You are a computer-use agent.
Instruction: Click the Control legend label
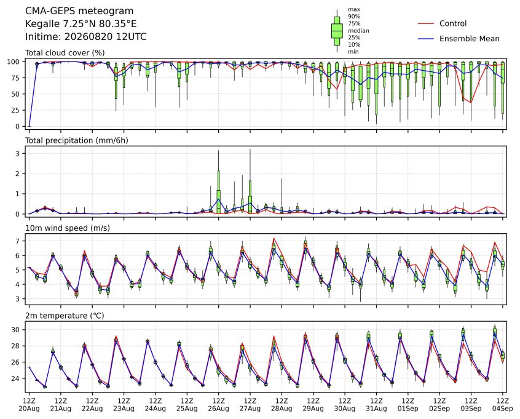click(452, 23)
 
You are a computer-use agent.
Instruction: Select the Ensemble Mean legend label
click(469, 39)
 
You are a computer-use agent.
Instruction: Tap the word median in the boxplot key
click(358, 31)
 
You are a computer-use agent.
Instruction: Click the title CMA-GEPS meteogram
click(79, 11)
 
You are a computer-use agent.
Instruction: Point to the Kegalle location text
click(81, 24)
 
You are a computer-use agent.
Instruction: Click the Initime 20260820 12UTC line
click(86, 36)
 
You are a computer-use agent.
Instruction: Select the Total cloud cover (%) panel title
click(65, 53)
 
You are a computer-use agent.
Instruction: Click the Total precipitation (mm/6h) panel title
click(77, 140)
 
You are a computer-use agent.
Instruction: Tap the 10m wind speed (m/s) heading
click(68, 228)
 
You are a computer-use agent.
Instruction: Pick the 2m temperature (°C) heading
click(65, 316)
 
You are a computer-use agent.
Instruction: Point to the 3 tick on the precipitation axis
click(18, 153)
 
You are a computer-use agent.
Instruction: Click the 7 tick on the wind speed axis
click(18, 241)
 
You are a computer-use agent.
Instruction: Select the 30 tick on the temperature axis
click(16, 330)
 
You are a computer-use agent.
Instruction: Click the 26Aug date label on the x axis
click(219, 409)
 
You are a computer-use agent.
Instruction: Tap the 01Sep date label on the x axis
click(408, 409)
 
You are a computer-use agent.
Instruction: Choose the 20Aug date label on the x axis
click(29, 409)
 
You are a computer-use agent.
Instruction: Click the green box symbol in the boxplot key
click(337, 31)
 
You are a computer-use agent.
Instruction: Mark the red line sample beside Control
click(426, 23)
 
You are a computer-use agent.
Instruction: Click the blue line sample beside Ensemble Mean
click(426, 39)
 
